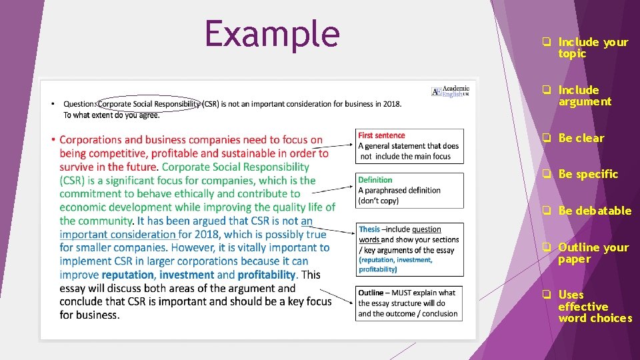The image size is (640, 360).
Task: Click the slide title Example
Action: coord(272,33)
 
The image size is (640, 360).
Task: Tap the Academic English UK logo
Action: coord(451,91)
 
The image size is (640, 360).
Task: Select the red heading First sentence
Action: coord(381,135)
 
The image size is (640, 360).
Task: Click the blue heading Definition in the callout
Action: coord(375,180)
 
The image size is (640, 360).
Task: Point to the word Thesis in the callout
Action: coord(369,229)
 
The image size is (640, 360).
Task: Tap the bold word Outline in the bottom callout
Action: coord(371,293)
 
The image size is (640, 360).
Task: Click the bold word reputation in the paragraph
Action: coord(129,275)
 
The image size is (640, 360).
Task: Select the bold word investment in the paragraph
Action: coord(187,275)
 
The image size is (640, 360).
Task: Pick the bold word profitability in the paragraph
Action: coord(266,275)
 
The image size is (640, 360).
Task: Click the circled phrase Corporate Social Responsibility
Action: coord(149,104)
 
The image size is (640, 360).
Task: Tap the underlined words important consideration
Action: coord(117,234)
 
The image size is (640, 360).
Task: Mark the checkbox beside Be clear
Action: coord(545,139)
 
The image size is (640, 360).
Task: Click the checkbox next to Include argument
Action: coord(545,90)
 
